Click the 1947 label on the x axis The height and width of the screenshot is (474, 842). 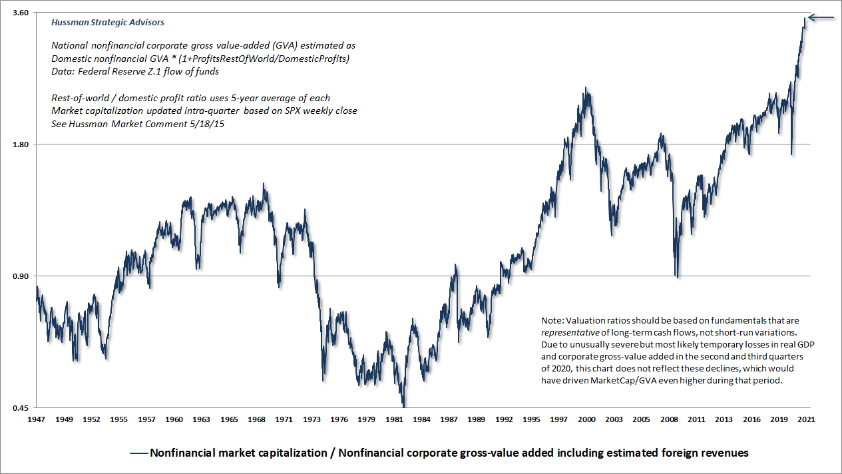coord(36,420)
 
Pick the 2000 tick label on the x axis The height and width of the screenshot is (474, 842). coord(586,420)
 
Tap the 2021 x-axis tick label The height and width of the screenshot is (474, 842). coord(806,420)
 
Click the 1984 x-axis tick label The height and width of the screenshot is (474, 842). coord(422,420)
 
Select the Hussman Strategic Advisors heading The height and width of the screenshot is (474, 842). coord(108,22)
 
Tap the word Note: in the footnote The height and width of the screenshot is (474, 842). coord(555,320)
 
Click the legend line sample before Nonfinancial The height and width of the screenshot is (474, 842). coord(138,453)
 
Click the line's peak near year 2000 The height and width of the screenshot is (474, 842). coord(586,88)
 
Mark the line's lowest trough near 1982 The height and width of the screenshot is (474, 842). coord(403,405)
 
